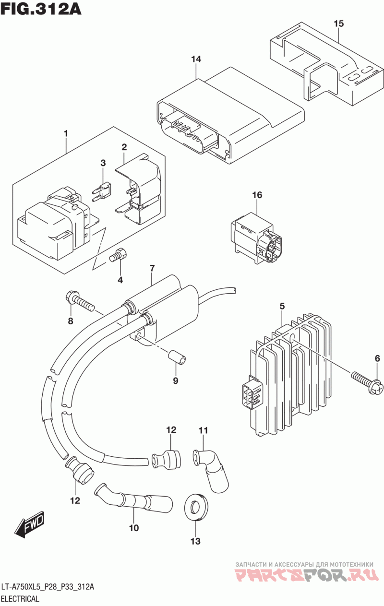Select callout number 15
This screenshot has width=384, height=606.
[x=338, y=24]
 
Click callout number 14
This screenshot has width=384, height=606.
[x=196, y=59]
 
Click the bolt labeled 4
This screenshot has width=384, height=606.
[x=119, y=256]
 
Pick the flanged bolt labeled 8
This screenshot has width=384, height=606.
[x=80, y=302]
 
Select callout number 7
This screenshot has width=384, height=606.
[x=152, y=268]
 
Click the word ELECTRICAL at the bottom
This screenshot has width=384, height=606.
[x=20, y=598]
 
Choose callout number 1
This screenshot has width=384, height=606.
[x=65, y=134]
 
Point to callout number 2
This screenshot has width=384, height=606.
[x=124, y=147]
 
